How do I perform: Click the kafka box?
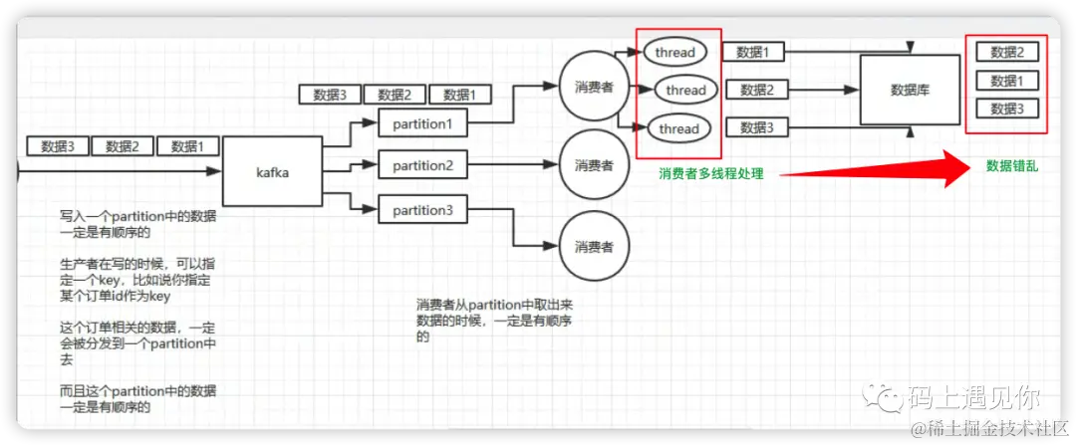pos(272,172)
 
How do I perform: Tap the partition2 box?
pos(422,165)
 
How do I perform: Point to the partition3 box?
pos(422,209)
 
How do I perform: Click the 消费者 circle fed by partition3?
pos(594,245)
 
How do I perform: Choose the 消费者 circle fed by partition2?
pos(594,164)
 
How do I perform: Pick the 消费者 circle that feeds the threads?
pos(594,86)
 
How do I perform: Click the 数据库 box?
pos(910,90)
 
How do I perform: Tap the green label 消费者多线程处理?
pos(710,173)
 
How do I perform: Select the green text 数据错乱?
pos(1011,166)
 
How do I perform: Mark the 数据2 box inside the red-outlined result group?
pos(1007,53)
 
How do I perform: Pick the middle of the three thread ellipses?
pos(685,91)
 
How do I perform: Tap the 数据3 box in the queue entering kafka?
pos(58,146)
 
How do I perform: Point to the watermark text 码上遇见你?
pos(973,397)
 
